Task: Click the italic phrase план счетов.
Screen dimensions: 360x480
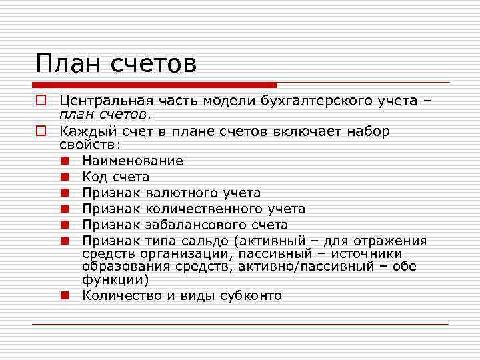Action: (105, 114)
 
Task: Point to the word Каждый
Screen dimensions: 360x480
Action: (87, 131)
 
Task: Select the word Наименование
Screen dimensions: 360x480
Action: (132, 161)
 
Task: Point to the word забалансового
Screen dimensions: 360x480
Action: (195, 225)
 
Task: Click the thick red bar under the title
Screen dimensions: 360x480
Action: (154, 85)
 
